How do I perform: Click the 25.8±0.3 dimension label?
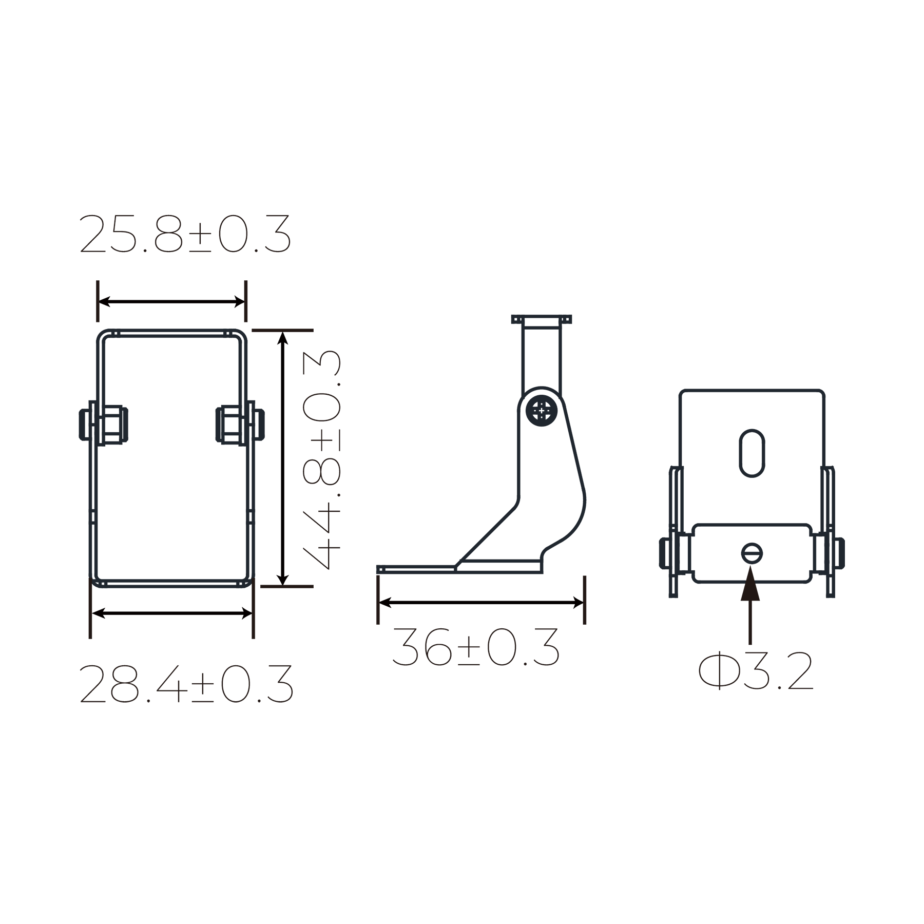pyautogui.click(x=185, y=235)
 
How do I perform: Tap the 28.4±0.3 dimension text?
pyautogui.click(x=186, y=684)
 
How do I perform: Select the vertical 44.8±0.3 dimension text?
pyautogui.click(x=322, y=459)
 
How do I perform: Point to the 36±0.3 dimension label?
pyautogui.click(x=475, y=647)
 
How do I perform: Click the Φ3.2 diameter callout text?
pyautogui.click(x=756, y=671)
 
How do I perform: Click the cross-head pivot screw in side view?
pyautogui.click(x=542, y=411)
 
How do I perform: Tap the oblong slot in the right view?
pyautogui.click(x=752, y=453)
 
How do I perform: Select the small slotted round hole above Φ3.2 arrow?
pyautogui.click(x=752, y=553)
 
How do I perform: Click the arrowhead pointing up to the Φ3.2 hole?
pyautogui.click(x=750, y=583)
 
